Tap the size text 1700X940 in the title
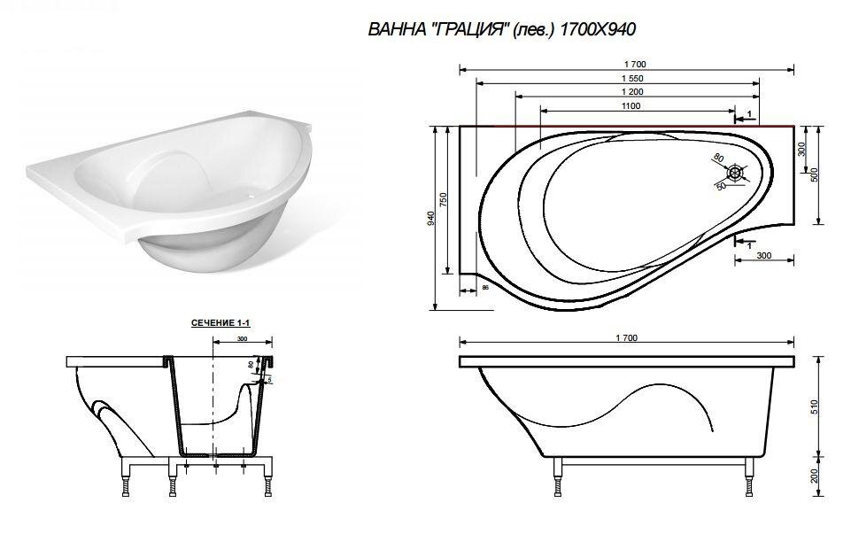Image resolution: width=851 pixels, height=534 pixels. [x=598, y=29]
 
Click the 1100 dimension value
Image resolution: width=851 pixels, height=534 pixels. [x=631, y=106]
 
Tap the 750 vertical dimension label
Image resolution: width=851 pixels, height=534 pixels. [x=445, y=200]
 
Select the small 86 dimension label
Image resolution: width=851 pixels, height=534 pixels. [x=485, y=288]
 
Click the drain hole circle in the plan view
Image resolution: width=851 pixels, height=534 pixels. [x=734, y=174]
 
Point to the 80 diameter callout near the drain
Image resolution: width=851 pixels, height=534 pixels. [x=718, y=159]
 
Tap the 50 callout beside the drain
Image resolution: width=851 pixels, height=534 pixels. [x=721, y=188]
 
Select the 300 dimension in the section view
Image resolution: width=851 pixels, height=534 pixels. [x=243, y=340]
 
